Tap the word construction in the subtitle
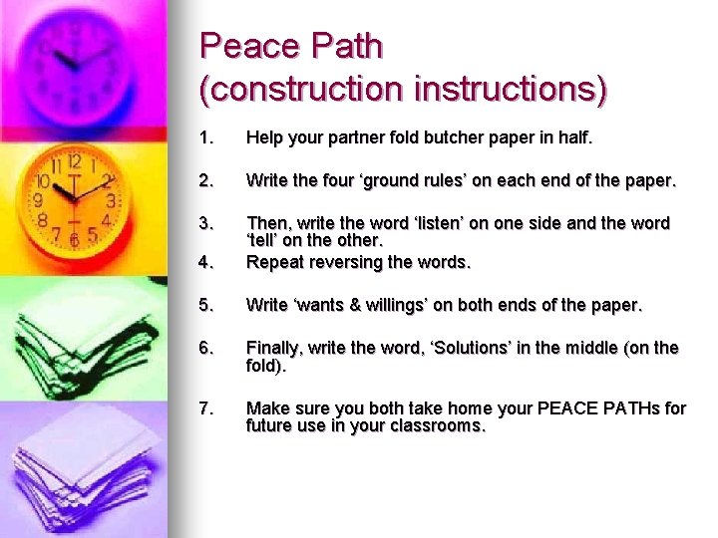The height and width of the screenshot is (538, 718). [300, 89]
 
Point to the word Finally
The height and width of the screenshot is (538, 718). [275, 348]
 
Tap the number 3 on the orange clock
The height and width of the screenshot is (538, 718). [111, 201]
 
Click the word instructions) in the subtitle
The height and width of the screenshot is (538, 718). [506, 89]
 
